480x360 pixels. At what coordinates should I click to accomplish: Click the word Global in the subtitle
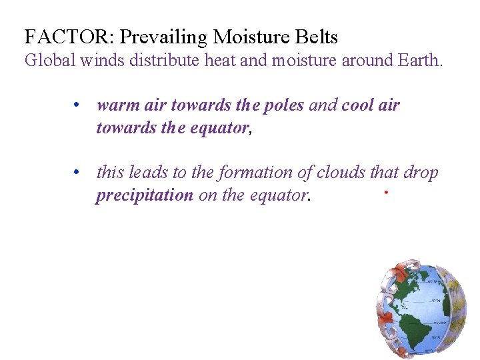[x=51, y=61]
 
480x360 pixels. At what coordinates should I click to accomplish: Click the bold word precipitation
[x=144, y=196]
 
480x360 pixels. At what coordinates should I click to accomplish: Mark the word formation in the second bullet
[x=254, y=173]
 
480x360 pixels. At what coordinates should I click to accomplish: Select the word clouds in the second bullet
[x=341, y=173]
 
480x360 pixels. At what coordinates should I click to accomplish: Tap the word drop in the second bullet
[x=421, y=173]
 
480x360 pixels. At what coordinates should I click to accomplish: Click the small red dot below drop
[x=386, y=192]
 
